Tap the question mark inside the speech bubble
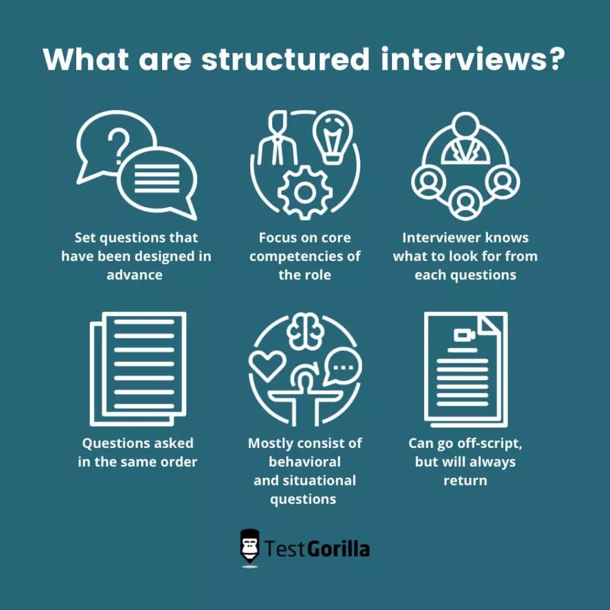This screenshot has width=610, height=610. click(119, 144)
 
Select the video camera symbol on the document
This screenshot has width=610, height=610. click(464, 335)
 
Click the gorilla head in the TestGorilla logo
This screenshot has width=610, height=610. click(250, 546)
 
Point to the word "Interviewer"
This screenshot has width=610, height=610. click(440, 238)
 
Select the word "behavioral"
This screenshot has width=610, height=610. click(305, 462)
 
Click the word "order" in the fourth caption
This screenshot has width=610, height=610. click(177, 462)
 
